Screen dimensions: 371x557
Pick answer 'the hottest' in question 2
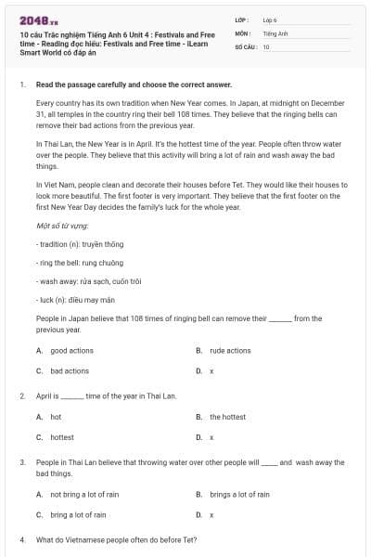[x=227, y=417]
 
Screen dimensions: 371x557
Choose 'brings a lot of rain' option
[x=238, y=495]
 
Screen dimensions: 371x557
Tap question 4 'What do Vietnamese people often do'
[x=116, y=539]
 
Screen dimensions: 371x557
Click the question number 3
[x=21, y=461]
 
